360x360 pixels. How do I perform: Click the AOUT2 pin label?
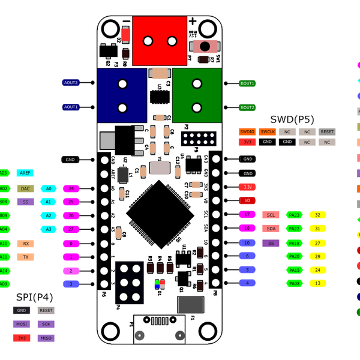(71, 82)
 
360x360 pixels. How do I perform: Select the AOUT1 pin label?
(71, 107)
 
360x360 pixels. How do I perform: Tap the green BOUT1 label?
(247, 83)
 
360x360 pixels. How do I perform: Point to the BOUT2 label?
(247, 107)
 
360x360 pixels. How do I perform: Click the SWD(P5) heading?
(292, 119)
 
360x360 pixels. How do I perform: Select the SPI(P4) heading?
(34, 297)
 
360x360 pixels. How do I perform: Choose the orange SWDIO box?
(247, 131)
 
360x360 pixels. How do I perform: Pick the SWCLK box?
(268, 131)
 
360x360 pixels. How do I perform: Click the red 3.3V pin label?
(247, 187)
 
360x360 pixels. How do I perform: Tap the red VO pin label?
(247, 200)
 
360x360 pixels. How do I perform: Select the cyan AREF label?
(25, 173)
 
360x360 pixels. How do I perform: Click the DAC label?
(25, 188)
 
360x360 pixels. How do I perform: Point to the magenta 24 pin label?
(71, 188)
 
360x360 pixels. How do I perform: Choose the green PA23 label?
(295, 215)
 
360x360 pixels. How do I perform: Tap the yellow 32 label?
(318, 215)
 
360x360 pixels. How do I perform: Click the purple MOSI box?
(21, 324)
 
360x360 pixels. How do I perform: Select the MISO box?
(46, 338)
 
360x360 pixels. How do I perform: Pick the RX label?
(25, 244)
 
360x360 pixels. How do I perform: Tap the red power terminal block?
(159, 41)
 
